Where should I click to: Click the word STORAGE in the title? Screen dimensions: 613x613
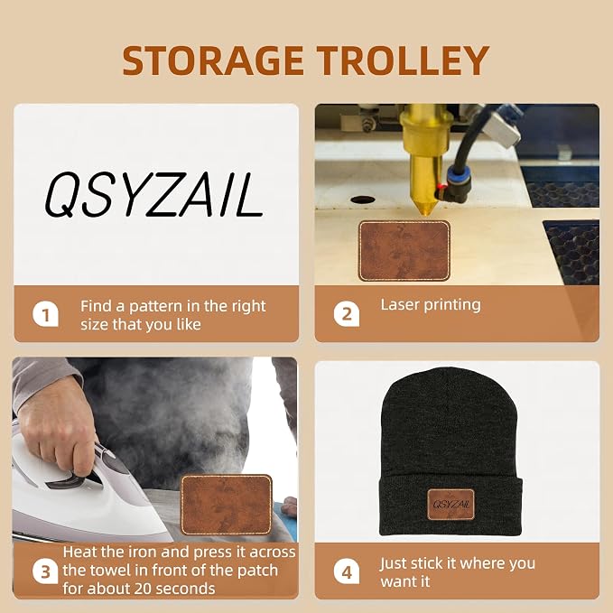213,60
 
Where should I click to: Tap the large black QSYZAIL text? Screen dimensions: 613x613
153,195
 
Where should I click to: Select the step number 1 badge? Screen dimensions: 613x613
45,314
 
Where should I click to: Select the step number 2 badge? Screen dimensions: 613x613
347,314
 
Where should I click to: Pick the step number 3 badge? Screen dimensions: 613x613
45,571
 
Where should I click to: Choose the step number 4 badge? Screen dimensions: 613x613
347,571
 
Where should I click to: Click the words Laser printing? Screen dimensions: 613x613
431,305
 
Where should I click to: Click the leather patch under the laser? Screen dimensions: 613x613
404,251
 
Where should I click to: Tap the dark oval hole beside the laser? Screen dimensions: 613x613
363,200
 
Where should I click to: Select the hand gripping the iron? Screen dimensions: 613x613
58,425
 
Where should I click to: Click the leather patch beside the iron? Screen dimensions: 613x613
227,505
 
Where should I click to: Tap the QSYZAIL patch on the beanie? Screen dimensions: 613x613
450,505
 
